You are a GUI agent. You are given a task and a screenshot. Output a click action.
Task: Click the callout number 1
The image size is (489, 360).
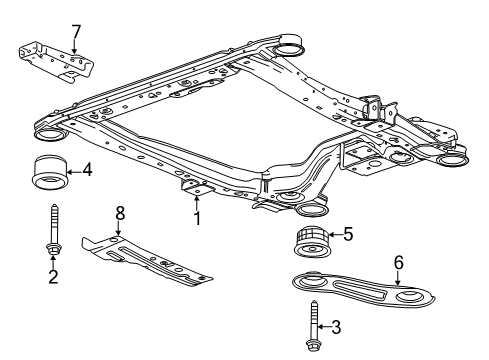[x=197, y=216]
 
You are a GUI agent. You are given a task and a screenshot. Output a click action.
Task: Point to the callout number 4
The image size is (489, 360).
[x=88, y=171]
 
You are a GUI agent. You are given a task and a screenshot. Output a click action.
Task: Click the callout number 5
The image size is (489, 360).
[x=347, y=236]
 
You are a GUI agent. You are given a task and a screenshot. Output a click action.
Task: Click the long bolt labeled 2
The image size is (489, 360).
[x=52, y=229]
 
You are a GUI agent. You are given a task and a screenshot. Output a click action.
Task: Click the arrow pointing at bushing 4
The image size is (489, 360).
[x=73, y=171]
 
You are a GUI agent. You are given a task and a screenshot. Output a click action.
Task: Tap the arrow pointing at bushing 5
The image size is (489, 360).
[x=333, y=236]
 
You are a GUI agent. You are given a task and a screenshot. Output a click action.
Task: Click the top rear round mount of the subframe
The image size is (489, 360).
[x=288, y=46]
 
